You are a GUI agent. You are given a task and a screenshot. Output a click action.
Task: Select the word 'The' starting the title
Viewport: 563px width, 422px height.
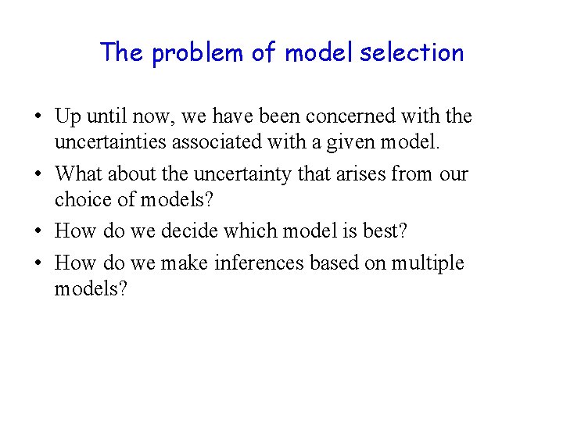click(122, 52)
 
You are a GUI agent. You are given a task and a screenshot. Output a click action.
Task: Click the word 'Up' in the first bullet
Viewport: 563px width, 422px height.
click(66, 117)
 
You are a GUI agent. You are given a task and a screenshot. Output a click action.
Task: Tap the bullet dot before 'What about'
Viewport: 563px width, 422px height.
click(38, 173)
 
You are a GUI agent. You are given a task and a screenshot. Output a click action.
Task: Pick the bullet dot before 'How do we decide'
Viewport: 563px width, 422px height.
click(38, 232)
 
